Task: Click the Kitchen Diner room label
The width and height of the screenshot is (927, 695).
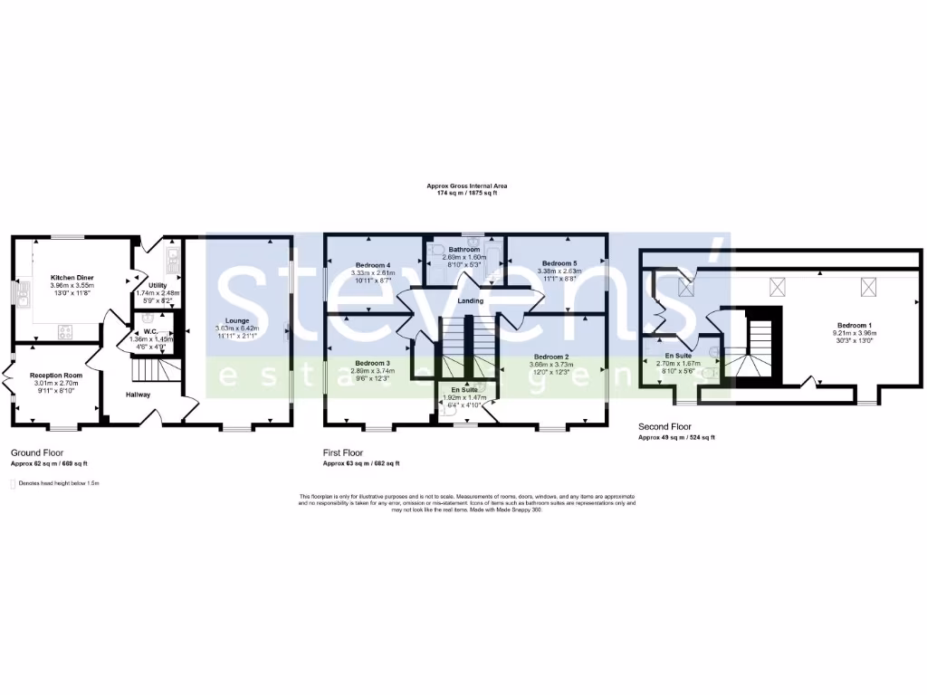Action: (72, 277)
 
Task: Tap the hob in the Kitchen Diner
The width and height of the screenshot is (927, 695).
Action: (65, 332)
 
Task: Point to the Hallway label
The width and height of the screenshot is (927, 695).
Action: (139, 395)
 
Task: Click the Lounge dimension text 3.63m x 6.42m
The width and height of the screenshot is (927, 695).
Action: (237, 328)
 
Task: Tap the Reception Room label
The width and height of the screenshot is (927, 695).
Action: (56, 375)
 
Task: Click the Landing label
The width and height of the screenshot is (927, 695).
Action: (471, 300)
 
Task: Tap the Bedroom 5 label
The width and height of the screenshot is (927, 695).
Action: (558, 263)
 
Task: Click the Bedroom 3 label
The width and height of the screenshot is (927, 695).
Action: (373, 363)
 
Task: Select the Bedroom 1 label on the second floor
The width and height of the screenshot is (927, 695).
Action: (855, 325)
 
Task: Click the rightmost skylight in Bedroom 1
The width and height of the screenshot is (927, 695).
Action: (869, 288)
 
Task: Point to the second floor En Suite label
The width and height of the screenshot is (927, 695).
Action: (678, 356)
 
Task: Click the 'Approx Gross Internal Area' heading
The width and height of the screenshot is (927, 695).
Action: (463, 186)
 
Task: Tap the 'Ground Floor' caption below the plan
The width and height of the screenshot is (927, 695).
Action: (37, 451)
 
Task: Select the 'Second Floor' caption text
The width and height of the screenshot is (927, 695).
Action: (666, 425)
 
